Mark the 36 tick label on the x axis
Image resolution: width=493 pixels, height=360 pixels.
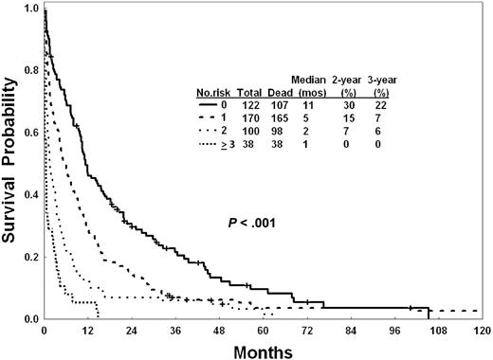174,331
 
